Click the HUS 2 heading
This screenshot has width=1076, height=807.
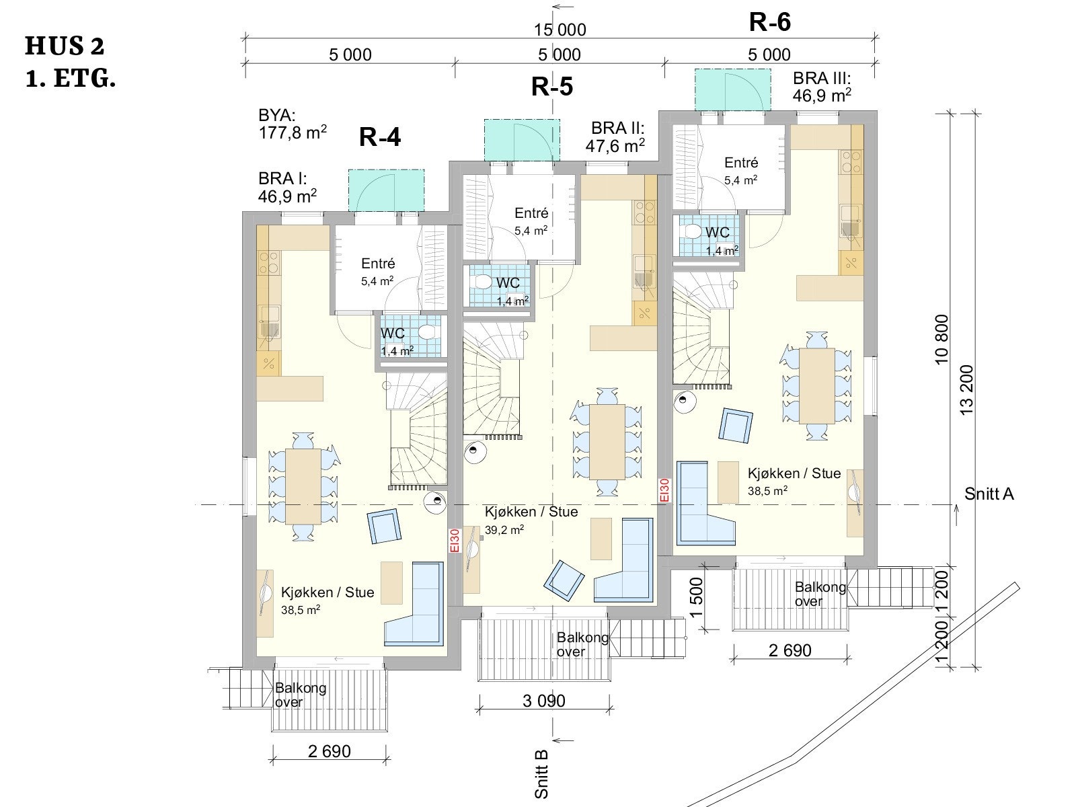tap(64, 46)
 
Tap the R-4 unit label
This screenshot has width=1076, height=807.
tap(380, 137)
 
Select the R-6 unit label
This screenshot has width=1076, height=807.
tap(769, 23)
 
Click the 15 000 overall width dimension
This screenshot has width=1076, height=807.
tap(560, 30)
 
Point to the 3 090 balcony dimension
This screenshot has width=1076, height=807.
tap(543, 701)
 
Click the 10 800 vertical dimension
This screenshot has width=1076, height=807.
tap(941, 339)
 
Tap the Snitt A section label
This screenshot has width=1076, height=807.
tap(989, 494)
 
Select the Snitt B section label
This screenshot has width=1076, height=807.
tap(541, 774)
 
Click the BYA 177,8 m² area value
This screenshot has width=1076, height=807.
tap(293, 132)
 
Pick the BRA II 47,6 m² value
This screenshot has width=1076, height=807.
tap(615, 145)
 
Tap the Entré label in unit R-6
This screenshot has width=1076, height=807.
tap(741, 163)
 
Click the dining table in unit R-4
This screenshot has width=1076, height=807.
tap(303, 486)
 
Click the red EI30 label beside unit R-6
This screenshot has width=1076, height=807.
tap(664, 490)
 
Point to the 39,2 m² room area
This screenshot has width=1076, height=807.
tap(504, 530)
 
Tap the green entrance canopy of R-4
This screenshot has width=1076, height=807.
tap(386, 190)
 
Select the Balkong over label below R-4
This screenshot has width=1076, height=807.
tap(301, 695)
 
